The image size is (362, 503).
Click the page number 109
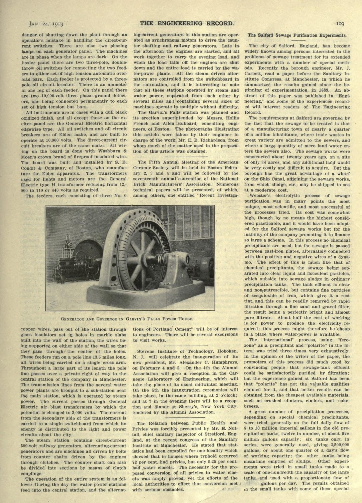tap(340, 24)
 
